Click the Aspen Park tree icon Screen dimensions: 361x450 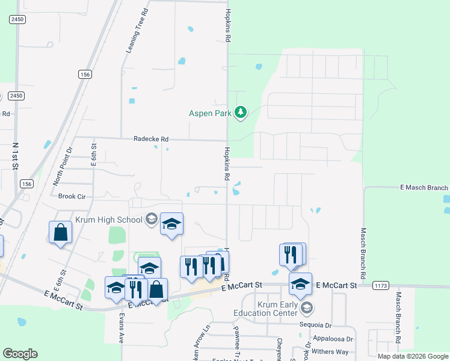(x=241, y=113)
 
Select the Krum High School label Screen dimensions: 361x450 (x=109, y=220)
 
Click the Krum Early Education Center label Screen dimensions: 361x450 (x=277, y=309)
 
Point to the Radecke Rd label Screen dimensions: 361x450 (x=151, y=138)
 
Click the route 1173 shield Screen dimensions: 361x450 (x=380, y=285)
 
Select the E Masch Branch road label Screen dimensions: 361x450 (x=424, y=188)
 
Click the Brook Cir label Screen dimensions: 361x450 (x=72, y=196)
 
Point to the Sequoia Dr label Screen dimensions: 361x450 (x=316, y=324)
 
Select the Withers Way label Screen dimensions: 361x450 (x=330, y=351)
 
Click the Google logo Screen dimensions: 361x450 (x=20, y=354)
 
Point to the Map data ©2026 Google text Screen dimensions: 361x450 (x=412, y=356)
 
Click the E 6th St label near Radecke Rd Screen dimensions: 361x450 (x=94, y=155)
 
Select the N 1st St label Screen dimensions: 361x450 (x=16, y=155)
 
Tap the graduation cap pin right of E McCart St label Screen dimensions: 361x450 (x=300, y=283)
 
